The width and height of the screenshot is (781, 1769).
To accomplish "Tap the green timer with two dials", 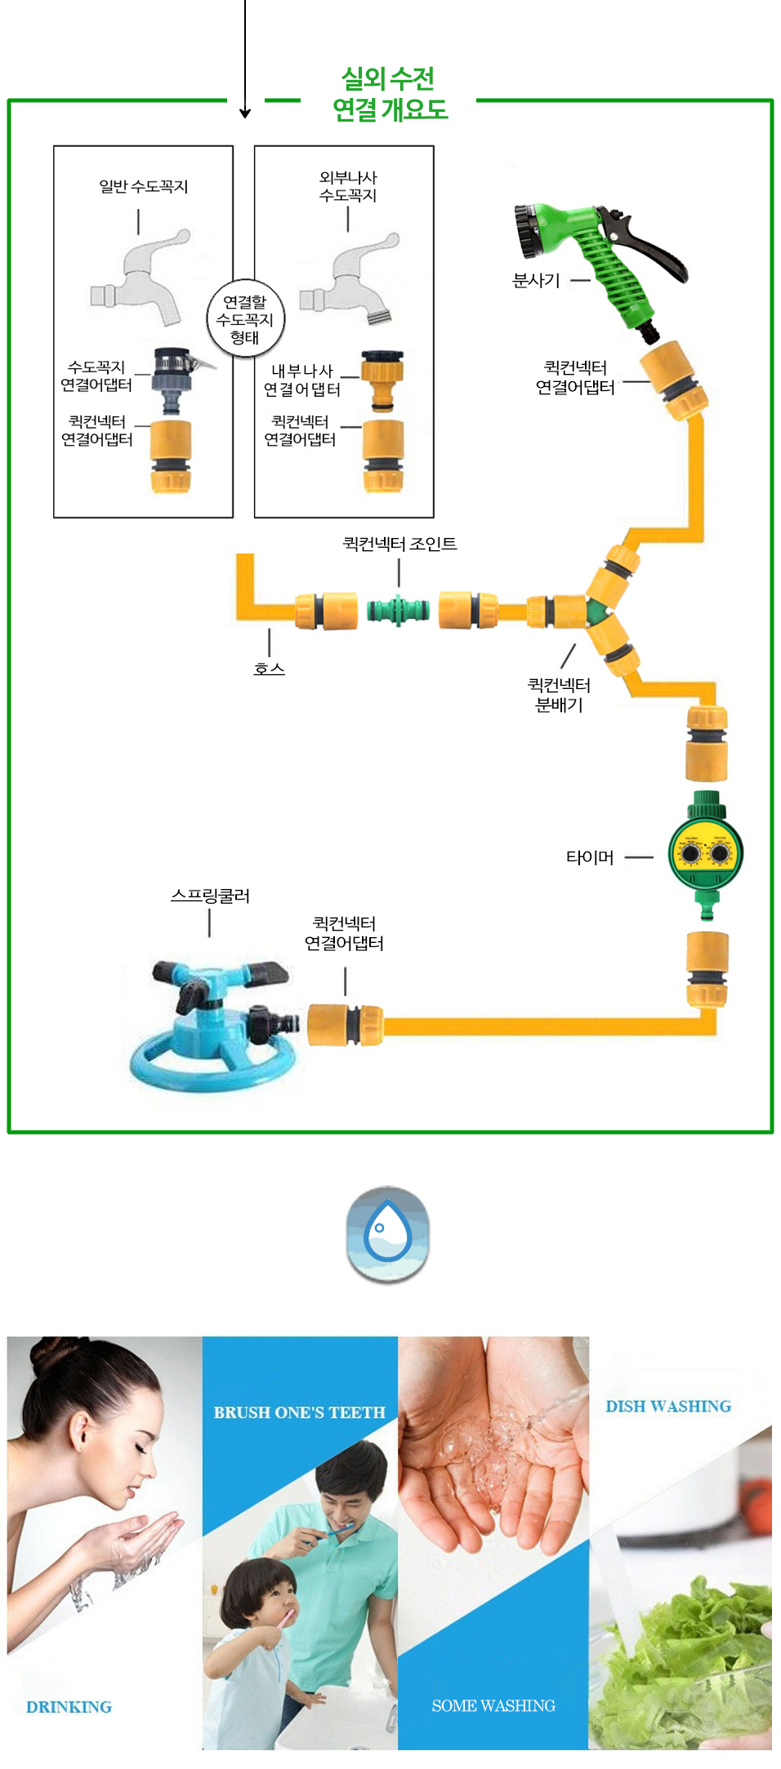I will pos(706,854).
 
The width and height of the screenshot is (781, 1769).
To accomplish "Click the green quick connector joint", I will pos(398,610).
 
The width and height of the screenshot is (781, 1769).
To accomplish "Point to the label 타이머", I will pos(590,857).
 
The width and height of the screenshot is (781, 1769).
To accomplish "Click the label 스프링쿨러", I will pos(210,896).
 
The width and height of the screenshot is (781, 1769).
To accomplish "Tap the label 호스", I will pos(269,669).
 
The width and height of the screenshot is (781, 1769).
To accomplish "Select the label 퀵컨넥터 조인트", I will pos(399,544).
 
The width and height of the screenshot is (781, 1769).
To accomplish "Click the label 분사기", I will pos(536,281).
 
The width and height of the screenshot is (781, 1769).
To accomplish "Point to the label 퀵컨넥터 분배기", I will pos(559,695).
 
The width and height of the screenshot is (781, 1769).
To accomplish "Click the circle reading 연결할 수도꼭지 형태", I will pos(245,319).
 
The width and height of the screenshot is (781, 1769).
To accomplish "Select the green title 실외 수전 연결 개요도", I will pos(390,95).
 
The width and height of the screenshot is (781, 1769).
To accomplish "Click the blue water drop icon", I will pos(388,1233).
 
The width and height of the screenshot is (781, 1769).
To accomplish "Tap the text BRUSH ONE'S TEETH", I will pos(299,1412).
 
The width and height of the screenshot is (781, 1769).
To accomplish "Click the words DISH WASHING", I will pos(668,1406).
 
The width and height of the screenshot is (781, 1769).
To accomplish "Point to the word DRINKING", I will pos(69,1707).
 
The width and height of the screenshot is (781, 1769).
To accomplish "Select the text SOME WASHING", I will pos(493,1705).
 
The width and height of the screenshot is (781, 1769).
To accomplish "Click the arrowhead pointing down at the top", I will pos(245,113).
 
